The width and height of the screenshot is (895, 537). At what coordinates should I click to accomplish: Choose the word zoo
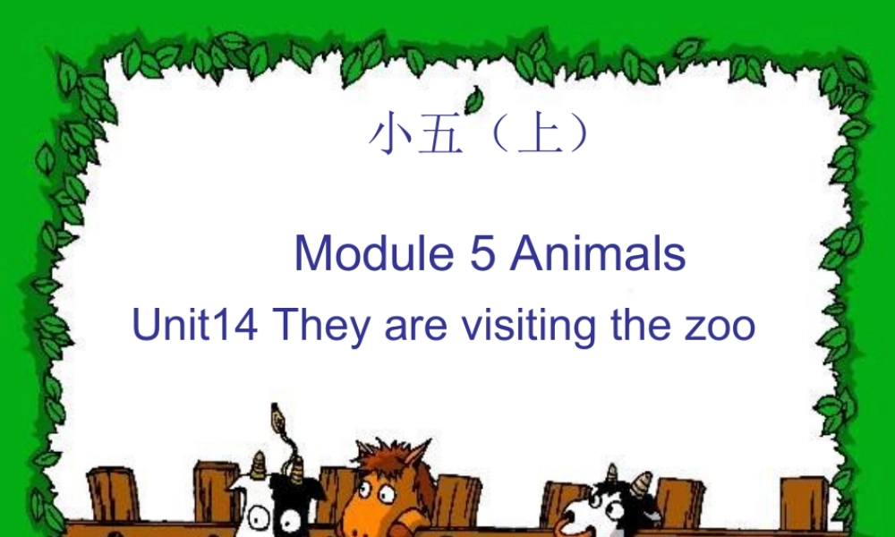[722, 328]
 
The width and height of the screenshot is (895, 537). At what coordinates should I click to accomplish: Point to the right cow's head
[609, 507]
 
